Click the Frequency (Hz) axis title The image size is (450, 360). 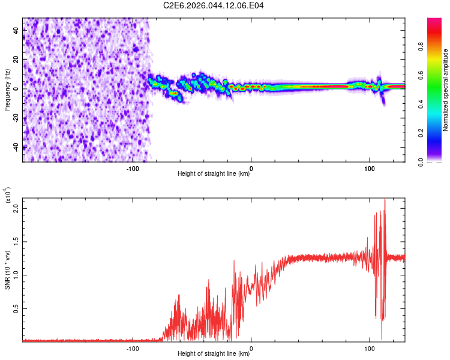tap(7, 89)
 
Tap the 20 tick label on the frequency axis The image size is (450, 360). tap(17, 60)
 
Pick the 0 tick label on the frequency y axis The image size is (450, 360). tap(17, 89)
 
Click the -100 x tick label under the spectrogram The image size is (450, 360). tap(133, 169)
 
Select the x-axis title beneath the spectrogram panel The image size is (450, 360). tap(214, 174)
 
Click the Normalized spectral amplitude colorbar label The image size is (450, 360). tap(446, 90)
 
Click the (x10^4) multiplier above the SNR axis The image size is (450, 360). tap(8, 196)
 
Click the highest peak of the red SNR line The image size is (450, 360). tap(385, 200)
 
